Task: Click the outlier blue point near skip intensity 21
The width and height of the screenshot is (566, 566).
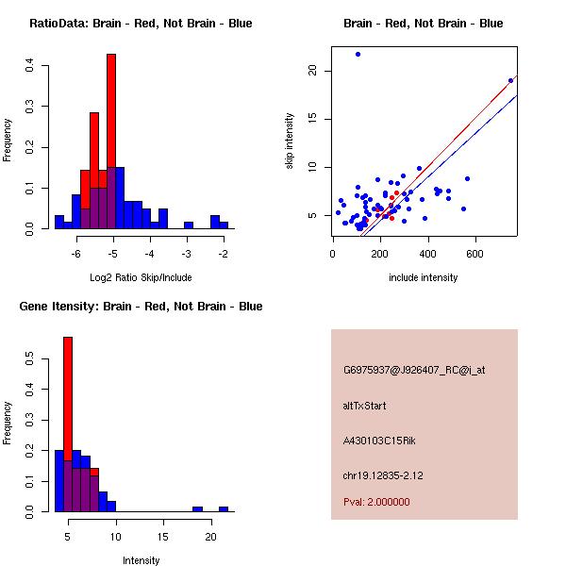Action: coord(358,54)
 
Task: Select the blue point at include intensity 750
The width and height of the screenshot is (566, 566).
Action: coord(510,80)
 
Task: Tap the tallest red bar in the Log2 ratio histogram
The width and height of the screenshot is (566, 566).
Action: coord(111,141)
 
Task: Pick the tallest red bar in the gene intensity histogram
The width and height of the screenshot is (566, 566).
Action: coord(68,424)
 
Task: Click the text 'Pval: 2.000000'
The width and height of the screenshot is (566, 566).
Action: coord(376,502)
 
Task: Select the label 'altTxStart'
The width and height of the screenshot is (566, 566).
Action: coord(365,406)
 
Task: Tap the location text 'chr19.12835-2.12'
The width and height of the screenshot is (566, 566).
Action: coord(383,475)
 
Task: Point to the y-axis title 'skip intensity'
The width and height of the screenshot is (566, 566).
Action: coord(290,141)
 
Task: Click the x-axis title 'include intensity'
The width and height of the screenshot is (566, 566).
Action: coord(424,277)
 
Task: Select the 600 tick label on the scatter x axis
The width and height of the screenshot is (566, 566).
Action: coord(474,253)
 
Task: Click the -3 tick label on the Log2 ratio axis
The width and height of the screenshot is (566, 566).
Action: coord(187,253)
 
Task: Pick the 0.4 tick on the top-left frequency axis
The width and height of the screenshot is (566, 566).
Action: coord(31,65)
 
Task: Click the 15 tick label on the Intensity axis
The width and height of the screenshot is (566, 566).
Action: coord(162,536)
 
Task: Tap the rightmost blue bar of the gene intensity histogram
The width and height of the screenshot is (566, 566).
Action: coord(224,508)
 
